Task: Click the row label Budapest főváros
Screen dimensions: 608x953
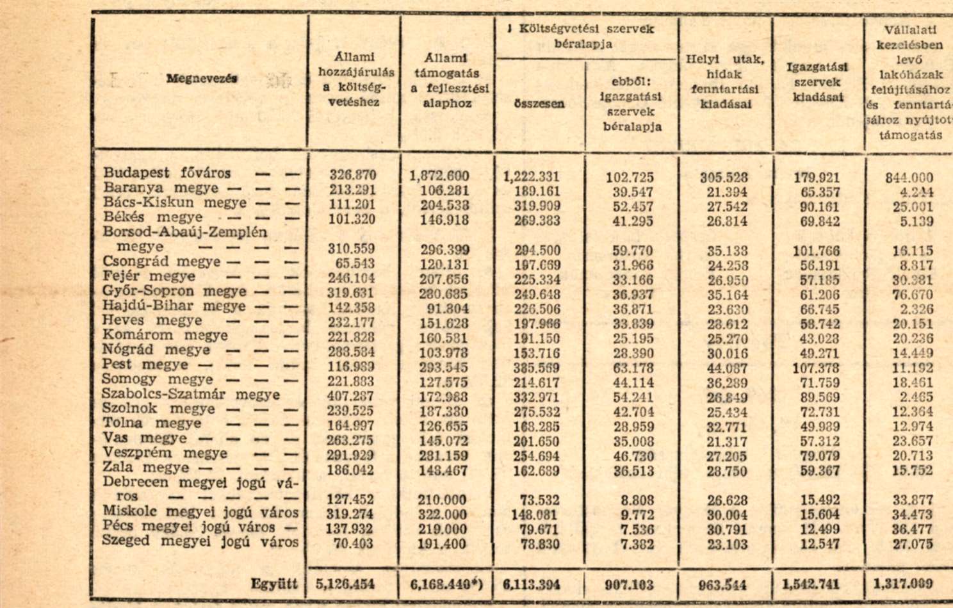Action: (x=167, y=173)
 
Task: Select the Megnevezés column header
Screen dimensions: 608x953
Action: (x=202, y=78)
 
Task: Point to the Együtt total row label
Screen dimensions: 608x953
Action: (x=274, y=584)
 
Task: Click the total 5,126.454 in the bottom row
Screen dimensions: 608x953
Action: (x=345, y=584)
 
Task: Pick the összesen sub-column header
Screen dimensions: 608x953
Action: (x=539, y=104)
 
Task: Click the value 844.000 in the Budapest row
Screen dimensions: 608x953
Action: (x=909, y=177)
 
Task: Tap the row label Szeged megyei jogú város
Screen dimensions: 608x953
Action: (x=200, y=541)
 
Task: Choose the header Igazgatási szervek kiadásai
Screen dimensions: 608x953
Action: (x=817, y=82)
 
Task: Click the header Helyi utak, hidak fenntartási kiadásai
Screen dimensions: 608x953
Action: (x=725, y=81)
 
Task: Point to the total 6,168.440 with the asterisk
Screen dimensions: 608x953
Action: (x=446, y=584)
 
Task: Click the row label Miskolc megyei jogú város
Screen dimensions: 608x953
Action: (x=200, y=513)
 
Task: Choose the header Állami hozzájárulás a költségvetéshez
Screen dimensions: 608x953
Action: (x=356, y=79)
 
